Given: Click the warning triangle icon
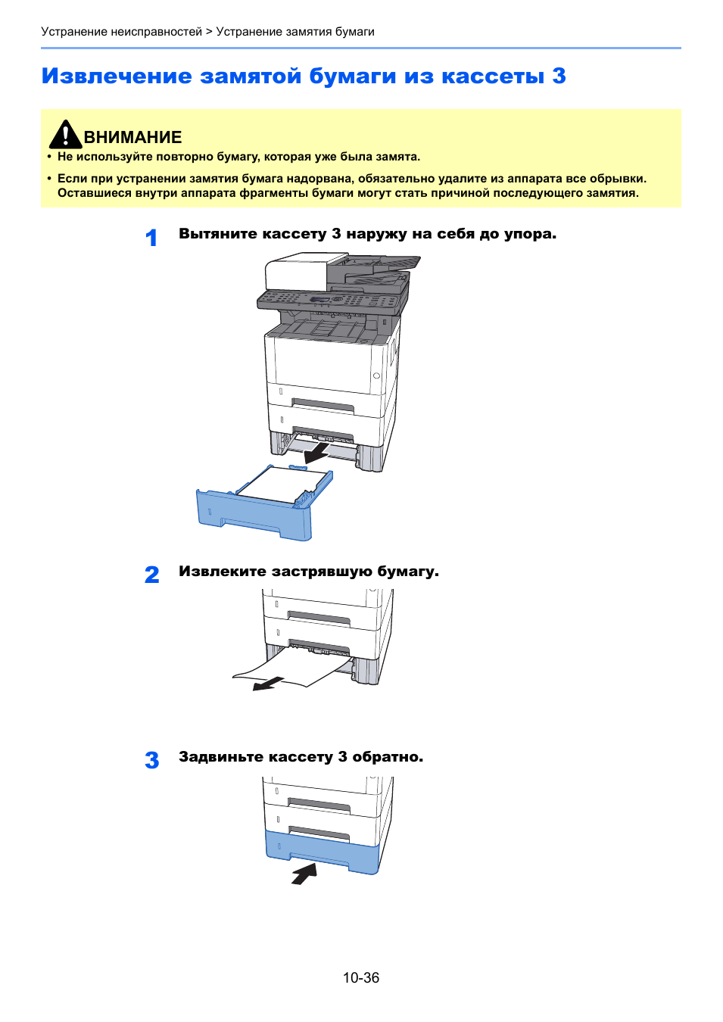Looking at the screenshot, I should [x=65, y=135].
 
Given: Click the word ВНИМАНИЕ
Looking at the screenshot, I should [x=132, y=138].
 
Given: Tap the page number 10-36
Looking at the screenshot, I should [x=360, y=977].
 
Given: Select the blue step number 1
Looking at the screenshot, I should [x=151, y=238].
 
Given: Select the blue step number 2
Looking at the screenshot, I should [x=151, y=575].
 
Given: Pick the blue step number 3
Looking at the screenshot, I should [x=151, y=760].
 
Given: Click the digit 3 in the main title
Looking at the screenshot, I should [x=559, y=76].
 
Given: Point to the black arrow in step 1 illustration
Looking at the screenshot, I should [x=316, y=453].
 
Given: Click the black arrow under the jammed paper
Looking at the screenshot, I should [x=268, y=684].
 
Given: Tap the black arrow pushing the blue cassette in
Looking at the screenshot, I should [x=304, y=874].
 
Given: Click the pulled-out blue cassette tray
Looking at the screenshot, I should [x=254, y=515].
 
